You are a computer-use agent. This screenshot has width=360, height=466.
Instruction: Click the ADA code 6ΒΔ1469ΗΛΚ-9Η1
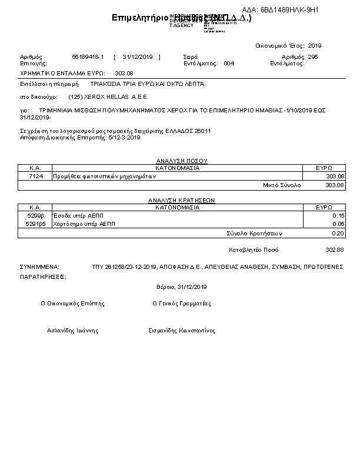pyautogui.click(x=289, y=11)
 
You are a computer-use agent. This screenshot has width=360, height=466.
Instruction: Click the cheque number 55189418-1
pyautogui.click(x=88, y=56)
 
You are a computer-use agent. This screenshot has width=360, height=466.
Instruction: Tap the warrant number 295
pyautogui.click(x=313, y=56)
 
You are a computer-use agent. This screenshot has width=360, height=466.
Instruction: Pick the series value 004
pyautogui.click(x=229, y=63)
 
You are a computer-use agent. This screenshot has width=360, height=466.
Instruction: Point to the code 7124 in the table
pyautogui.click(x=36, y=176)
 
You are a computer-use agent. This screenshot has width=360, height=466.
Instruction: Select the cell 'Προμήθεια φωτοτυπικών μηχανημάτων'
pyautogui.click(x=104, y=176)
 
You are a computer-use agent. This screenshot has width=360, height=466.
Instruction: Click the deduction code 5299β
pyautogui.click(x=35, y=216)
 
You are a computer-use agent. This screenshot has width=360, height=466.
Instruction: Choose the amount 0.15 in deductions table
pyautogui.click(x=338, y=216)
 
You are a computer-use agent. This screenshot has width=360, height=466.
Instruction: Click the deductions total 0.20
pyautogui.click(x=338, y=234)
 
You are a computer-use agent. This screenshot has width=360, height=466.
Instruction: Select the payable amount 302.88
pyautogui.click(x=334, y=249)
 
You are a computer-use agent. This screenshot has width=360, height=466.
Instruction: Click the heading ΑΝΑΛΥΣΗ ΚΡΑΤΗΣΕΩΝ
pyautogui.click(x=181, y=200)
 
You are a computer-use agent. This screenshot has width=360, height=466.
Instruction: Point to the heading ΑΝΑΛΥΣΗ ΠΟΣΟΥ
pyautogui.click(x=181, y=160)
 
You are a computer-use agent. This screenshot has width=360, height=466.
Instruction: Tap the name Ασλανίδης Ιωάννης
pyautogui.click(x=72, y=331)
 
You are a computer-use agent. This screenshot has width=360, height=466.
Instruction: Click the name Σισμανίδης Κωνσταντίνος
pyautogui.click(x=182, y=331)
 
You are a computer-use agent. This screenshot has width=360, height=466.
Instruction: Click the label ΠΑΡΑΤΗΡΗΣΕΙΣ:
pyautogui.click(x=43, y=276)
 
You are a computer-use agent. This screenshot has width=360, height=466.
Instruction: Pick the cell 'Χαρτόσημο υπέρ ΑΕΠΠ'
pyautogui.click(x=84, y=224)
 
